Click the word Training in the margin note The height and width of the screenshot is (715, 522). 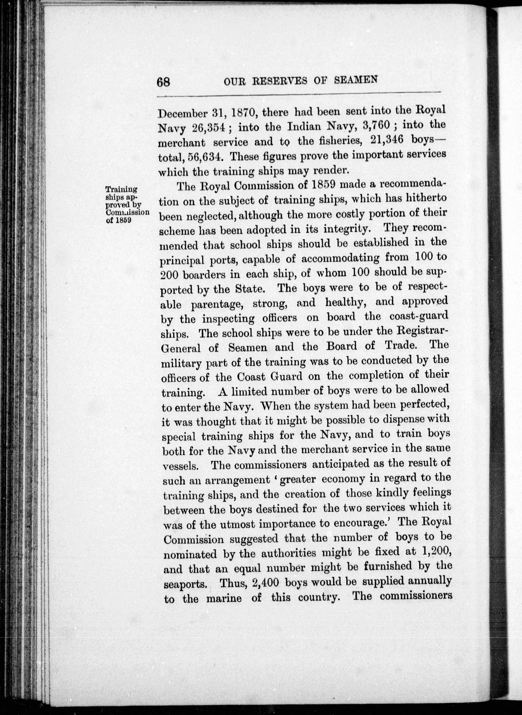[x=121, y=190]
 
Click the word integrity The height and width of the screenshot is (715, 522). [x=344, y=228]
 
